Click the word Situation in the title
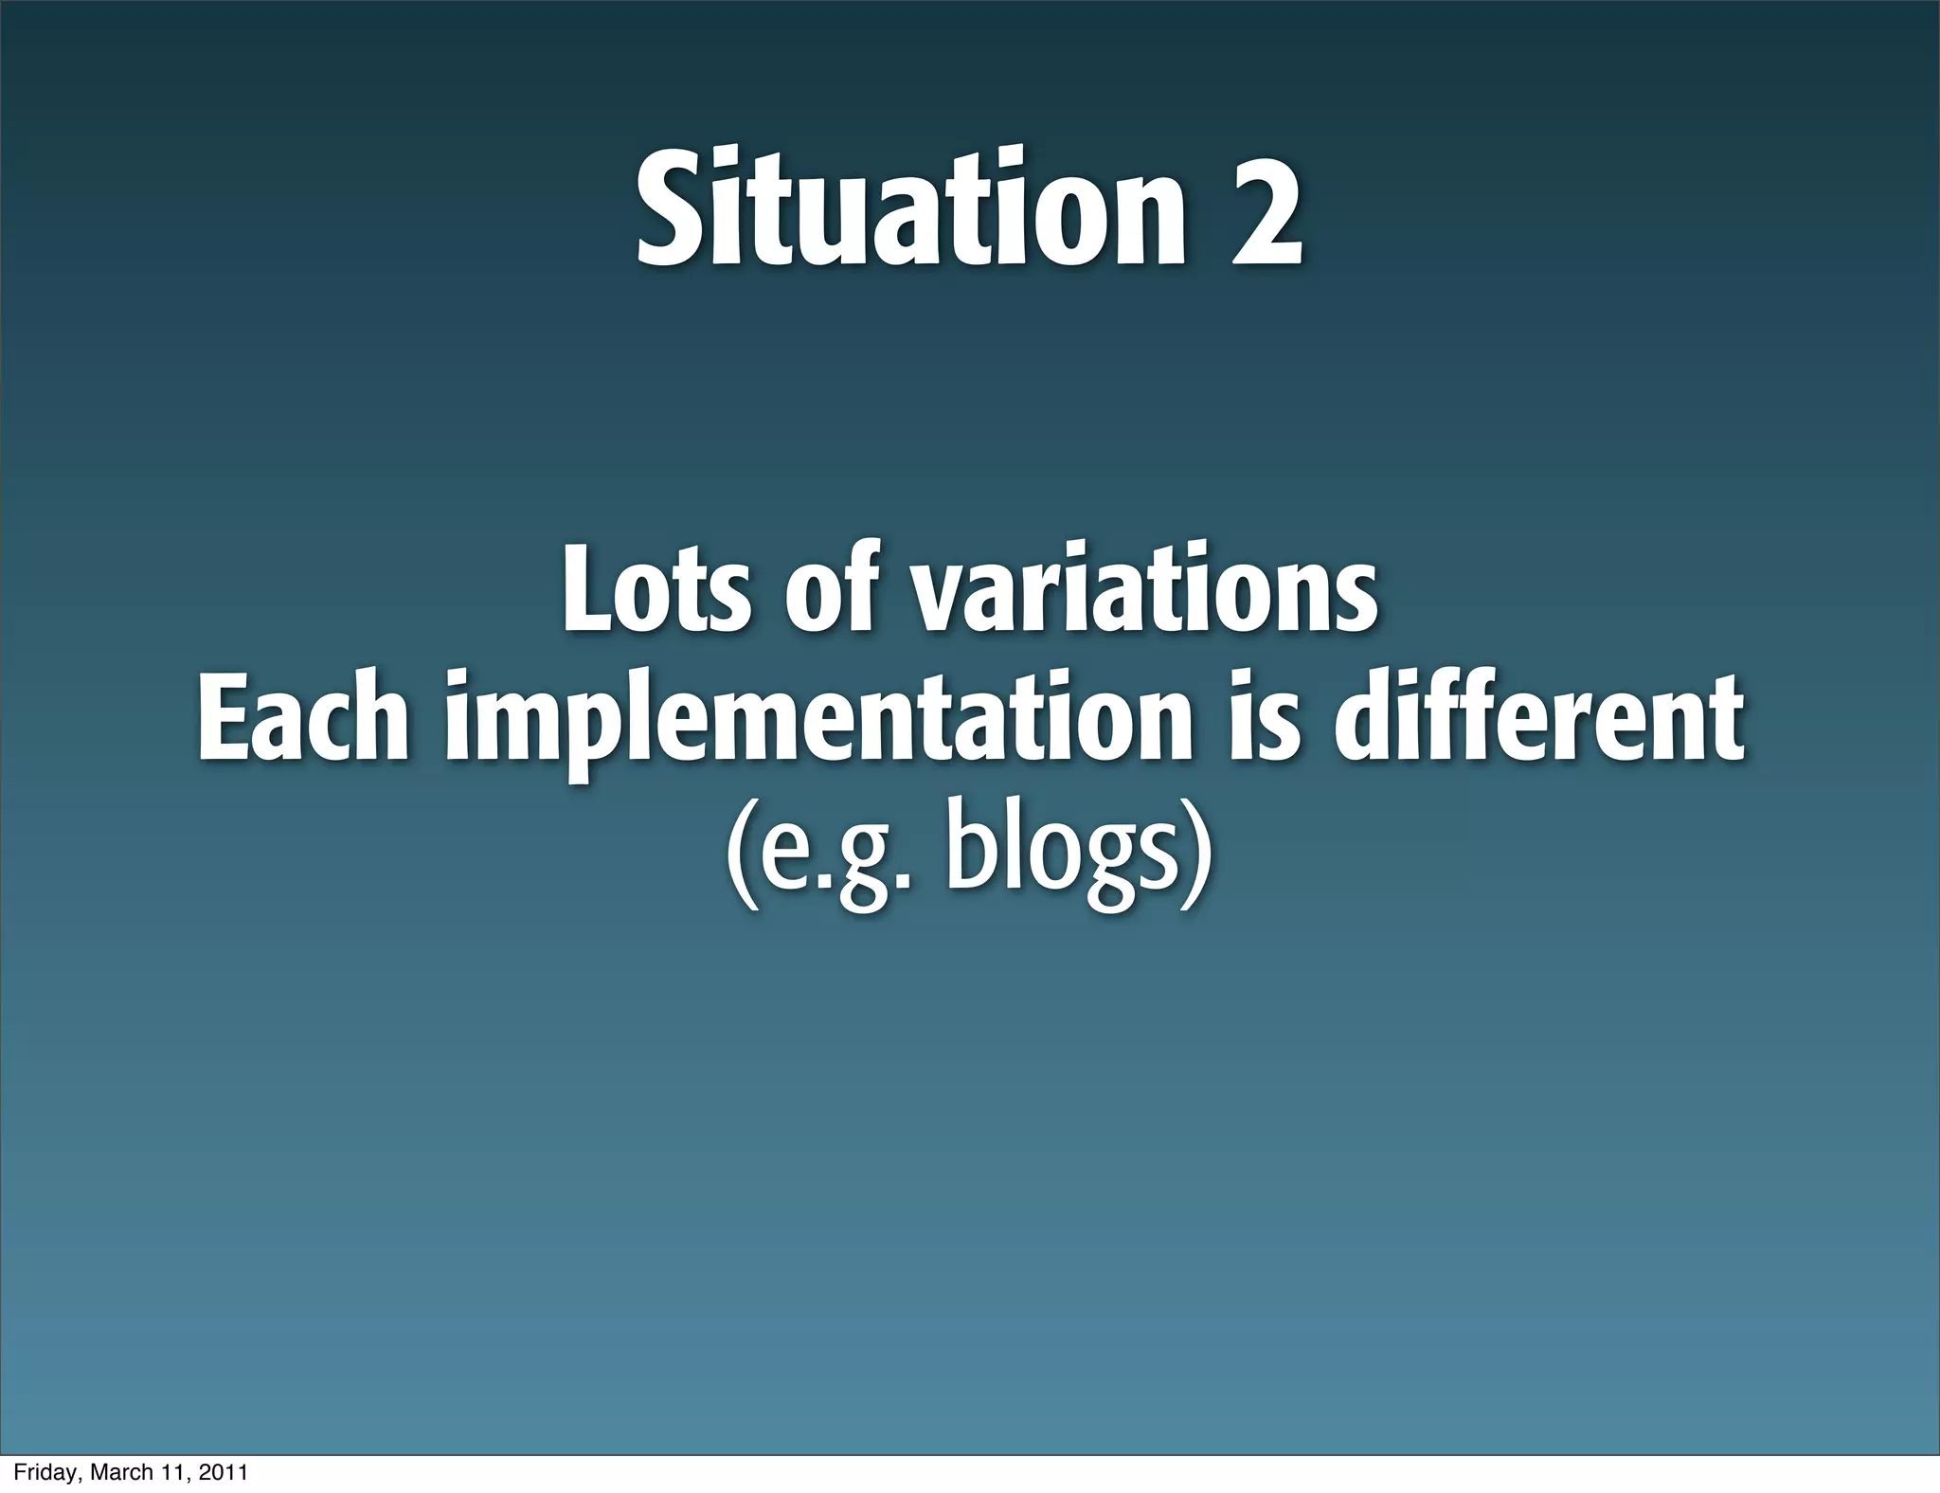pos(909,210)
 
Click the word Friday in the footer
pos(46,1472)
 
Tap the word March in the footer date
pos(118,1472)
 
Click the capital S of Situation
pos(669,210)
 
